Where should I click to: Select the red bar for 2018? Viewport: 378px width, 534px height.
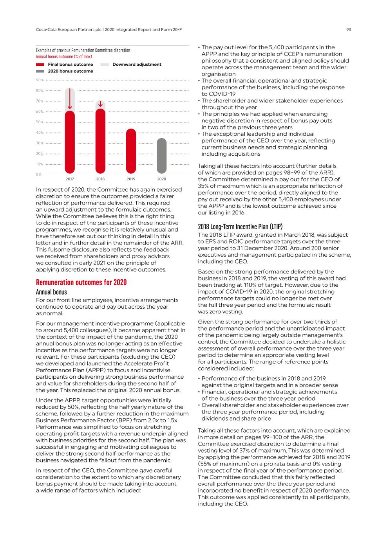pyautogui.click(x=100, y=141)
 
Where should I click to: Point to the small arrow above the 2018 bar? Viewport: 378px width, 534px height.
pyautogui.click(x=100, y=104)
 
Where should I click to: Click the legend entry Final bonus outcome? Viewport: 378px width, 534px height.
pyautogui.click(x=71, y=65)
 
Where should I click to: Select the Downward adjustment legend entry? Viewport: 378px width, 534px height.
pyautogui.click(x=137, y=65)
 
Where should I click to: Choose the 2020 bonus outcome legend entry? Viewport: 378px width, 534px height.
pyautogui.click(x=71, y=71)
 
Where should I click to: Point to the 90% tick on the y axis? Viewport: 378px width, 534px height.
pyautogui.click(x=40, y=80)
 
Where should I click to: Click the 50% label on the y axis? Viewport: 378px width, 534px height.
pyautogui.click(x=40, y=122)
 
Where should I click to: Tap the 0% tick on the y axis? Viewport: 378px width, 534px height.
pyautogui.click(x=39, y=174)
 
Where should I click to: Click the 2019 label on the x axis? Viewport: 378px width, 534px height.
pyautogui.click(x=131, y=179)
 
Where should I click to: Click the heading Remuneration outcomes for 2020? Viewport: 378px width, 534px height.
pyautogui.click(x=81, y=282)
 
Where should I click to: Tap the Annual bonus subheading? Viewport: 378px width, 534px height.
pyautogui.click(x=51, y=292)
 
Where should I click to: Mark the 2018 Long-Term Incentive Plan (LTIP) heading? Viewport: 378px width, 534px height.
pyautogui.click(x=240, y=227)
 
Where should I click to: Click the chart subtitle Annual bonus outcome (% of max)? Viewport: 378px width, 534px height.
pyautogui.click(x=64, y=56)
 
